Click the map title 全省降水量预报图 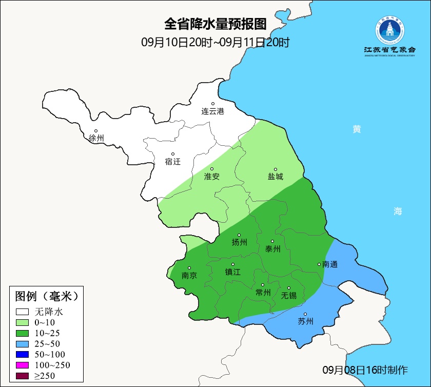pos(215,24)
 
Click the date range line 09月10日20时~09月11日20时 pos(215,42)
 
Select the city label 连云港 pos(212,111)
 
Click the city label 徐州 pos(96,138)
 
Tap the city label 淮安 pos(212,176)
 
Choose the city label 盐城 pos(275,176)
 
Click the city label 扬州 pos(239,242)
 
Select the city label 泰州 pos(272,248)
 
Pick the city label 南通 pos(330,264)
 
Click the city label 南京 pos(189,275)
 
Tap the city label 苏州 pos(305,321)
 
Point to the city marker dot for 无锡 pos(289,288)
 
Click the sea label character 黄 pos(357,129)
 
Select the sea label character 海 pos(398,211)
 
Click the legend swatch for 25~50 pos(22,343)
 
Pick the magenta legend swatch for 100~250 pos(22,365)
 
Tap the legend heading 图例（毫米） pos(46,296)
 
